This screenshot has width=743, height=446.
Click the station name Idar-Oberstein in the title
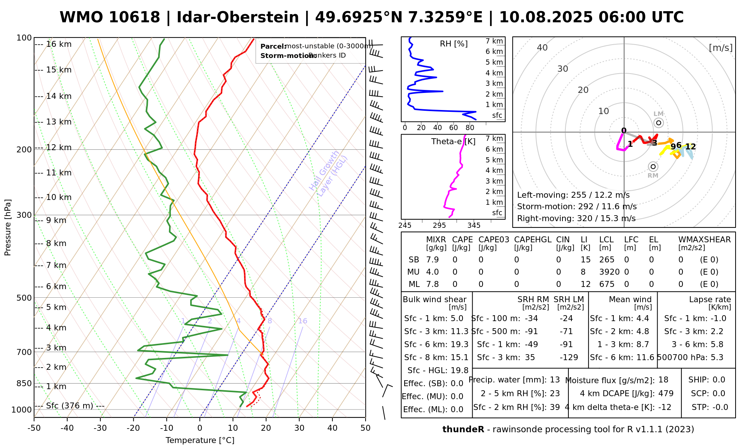tap(237, 17)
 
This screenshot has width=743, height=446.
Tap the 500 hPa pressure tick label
tap(25, 298)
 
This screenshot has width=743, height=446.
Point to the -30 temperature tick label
tap(100, 428)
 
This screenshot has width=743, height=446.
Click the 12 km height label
tap(59, 148)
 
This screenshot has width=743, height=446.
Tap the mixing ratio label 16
tap(302, 321)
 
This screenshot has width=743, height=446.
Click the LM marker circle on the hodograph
tap(659, 123)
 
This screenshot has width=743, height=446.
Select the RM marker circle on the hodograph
tap(653, 167)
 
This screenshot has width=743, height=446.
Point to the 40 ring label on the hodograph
tap(542, 48)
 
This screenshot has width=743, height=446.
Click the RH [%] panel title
tap(454, 44)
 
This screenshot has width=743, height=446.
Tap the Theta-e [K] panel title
tap(453, 142)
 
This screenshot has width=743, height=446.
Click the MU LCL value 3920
tap(609, 272)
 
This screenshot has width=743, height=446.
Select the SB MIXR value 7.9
tap(432, 260)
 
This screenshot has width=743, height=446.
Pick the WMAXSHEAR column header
tap(704, 240)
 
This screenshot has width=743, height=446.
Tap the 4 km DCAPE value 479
tap(666, 394)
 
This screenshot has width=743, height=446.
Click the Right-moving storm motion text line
tap(576, 219)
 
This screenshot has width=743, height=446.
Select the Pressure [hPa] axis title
tap(8, 227)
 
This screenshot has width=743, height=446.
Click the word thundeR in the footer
tap(463, 430)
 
